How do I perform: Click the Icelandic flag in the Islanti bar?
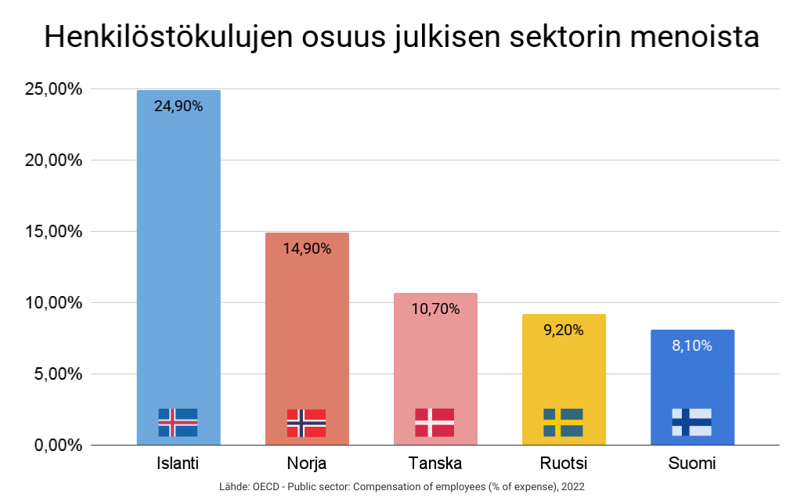(178, 422)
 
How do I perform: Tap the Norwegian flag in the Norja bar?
(306, 422)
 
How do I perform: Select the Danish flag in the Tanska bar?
(434, 422)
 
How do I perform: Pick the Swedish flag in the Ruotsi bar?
(563, 422)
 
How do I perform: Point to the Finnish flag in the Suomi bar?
(691, 422)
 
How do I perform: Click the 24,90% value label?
(178, 106)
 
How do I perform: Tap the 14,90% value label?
(307, 249)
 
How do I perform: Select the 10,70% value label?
(435, 309)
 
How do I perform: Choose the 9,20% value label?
(564, 330)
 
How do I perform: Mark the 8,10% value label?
(692, 345)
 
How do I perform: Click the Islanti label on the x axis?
(178, 462)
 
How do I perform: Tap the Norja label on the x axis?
(306, 463)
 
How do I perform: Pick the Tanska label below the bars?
(434, 462)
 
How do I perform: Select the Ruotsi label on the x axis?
(563, 462)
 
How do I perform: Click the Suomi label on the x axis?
(691, 462)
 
